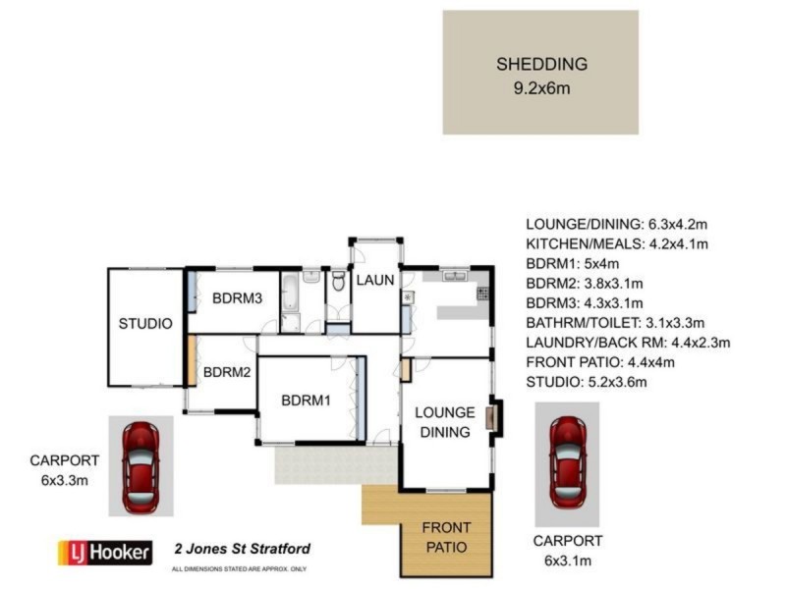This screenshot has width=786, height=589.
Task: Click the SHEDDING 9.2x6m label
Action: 540,76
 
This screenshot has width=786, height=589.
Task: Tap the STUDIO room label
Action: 145,324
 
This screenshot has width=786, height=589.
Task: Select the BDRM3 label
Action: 237,300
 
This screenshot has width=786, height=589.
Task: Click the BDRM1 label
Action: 306,401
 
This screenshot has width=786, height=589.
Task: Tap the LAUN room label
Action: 374,281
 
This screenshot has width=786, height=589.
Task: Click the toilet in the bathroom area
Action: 337,283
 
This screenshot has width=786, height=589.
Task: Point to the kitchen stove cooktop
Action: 482,293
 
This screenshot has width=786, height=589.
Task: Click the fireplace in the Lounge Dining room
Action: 496,418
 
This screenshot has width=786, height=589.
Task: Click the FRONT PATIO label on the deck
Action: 445,537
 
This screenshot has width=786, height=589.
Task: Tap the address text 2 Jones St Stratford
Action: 243,549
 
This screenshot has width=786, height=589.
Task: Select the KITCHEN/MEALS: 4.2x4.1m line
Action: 617,243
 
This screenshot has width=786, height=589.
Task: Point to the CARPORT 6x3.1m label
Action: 567,550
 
